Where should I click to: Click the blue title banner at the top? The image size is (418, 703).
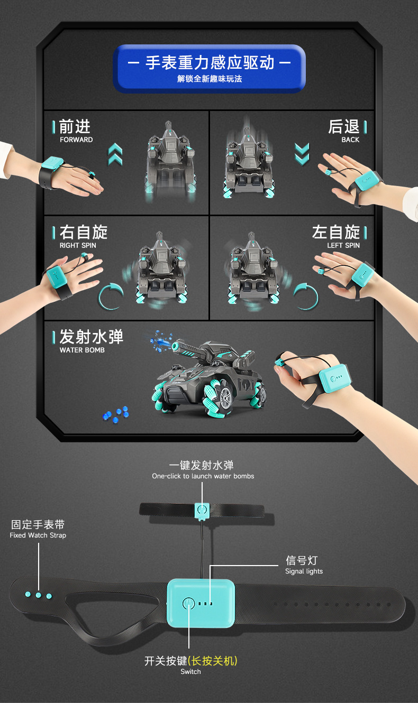click(x=209, y=69)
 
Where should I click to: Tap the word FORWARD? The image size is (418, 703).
click(x=76, y=140)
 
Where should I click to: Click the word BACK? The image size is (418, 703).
click(x=350, y=140)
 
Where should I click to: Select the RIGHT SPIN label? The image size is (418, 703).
click(x=78, y=245)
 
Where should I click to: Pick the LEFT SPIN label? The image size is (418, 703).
click(x=343, y=245)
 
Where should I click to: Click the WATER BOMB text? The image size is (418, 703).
click(x=82, y=350)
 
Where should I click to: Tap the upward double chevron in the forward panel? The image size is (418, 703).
click(x=115, y=154)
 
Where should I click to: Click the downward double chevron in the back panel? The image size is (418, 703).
click(x=302, y=154)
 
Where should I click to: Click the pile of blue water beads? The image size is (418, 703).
click(x=115, y=414)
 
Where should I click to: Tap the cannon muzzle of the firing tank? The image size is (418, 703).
click(x=175, y=346)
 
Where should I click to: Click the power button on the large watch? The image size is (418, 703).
click(x=188, y=603)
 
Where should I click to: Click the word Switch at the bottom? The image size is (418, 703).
click(x=190, y=671)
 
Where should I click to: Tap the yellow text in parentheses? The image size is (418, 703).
click(x=213, y=660)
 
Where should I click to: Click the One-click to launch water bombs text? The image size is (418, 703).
click(x=203, y=476)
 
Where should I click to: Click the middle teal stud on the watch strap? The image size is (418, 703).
click(x=38, y=595)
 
